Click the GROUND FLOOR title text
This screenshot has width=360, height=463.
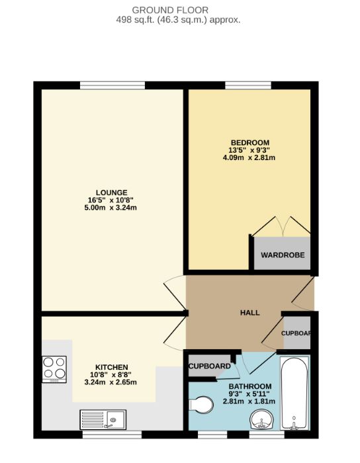point(179,10)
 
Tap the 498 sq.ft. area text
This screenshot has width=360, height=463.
point(179,20)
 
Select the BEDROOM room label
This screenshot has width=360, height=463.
point(249,143)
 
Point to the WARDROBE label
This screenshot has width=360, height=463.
point(282,255)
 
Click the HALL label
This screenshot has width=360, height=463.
point(249,313)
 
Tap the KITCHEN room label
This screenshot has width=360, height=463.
point(111,367)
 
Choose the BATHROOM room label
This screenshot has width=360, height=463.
point(250,386)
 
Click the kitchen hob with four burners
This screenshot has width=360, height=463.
point(54,369)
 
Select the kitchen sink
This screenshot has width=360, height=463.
point(103,418)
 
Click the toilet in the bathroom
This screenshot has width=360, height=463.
point(202,405)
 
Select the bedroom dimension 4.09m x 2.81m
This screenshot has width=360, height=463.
point(249,158)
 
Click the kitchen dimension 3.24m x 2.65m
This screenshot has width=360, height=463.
point(111,382)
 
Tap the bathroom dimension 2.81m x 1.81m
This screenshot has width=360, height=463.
point(250,401)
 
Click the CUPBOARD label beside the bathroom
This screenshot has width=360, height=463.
point(209,366)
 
